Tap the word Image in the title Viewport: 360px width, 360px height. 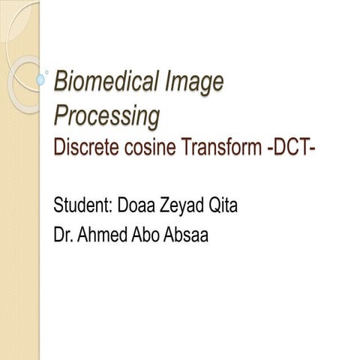point(197,82)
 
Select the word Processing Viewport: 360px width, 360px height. point(107,115)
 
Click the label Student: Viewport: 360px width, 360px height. point(82,204)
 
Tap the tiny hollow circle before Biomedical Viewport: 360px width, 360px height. point(49,73)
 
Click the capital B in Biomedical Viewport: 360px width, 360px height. point(62,82)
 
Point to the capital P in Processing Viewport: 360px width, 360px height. point(61,115)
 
